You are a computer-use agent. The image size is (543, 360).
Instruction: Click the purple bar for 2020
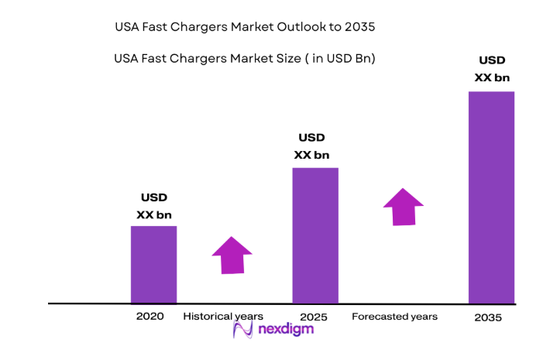tap(153, 264)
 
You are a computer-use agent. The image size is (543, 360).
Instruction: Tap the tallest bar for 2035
tap(491, 197)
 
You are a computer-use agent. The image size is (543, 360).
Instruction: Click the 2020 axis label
tap(149, 317)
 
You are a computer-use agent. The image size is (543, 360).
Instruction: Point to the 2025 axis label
tap(314, 317)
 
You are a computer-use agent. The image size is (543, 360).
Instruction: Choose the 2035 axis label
tap(488, 318)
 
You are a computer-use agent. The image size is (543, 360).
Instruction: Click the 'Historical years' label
tap(223, 317)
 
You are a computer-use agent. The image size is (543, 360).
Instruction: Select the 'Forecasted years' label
tap(394, 317)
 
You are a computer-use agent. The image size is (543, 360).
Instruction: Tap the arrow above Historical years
tap(232, 255)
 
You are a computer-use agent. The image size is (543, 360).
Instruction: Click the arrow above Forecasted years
tap(403, 207)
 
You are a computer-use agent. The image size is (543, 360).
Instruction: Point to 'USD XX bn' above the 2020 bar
tap(153, 206)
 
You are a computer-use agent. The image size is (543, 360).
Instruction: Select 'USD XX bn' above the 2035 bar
tap(492, 69)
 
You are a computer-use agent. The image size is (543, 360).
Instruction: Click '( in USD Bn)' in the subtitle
tap(341, 58)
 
